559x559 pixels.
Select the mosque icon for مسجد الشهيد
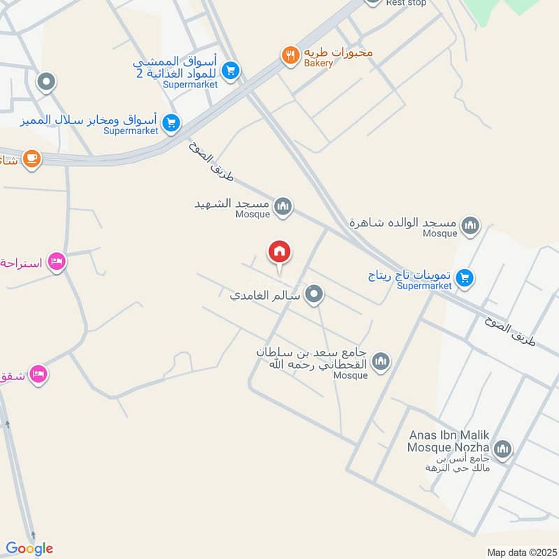tap(283, 205)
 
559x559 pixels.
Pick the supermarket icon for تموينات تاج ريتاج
tap(465, 279)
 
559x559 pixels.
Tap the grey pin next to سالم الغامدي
tap(314, 295)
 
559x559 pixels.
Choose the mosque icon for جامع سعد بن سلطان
tap(381, 361)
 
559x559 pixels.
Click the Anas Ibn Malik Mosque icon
tap(502, 449)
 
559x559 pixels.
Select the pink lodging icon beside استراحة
tap(57, 262)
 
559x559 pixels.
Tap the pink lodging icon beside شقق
tap(38, 375)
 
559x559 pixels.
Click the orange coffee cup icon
tap(31, 159)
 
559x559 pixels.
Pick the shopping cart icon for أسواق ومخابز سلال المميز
tap(170, 124)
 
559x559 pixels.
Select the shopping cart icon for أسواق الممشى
tap(231, 70)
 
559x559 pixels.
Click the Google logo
tap(29, 549)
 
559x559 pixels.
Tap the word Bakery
tap(318, 64)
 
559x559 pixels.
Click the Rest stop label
tap(406, 3)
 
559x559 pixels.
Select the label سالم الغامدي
tap(266, 296)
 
